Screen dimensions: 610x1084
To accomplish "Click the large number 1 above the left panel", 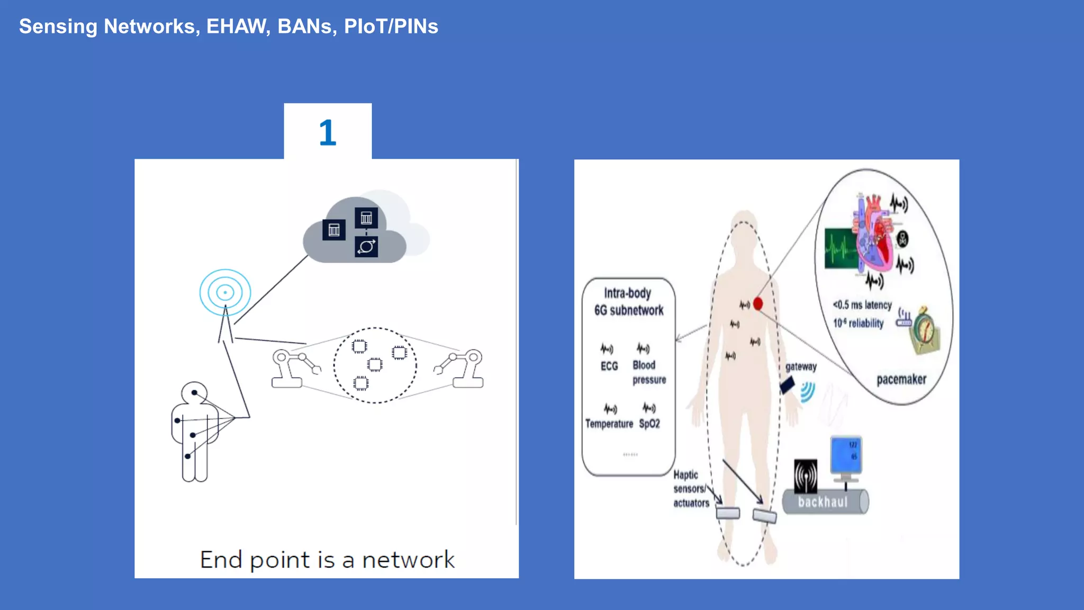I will [328, 132].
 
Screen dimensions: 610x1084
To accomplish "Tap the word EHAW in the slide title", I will [237, 26].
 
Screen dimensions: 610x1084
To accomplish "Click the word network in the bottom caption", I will [408, 560].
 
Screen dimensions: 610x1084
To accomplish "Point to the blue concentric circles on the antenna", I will [225, 292].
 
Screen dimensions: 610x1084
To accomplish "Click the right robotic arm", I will [460, 368].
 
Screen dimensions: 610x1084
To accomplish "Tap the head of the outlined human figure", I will [194, 393].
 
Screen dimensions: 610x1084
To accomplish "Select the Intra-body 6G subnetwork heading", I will [628, 302].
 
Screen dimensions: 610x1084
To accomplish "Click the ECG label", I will [609, 366].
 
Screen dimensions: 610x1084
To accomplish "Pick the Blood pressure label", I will [649, 372].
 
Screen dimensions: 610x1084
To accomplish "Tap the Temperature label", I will [609, 424].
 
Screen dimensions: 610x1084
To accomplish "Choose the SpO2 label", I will [649, 424].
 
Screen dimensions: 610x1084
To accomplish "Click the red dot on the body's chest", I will [757, 304].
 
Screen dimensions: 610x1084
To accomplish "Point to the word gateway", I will [800, 366].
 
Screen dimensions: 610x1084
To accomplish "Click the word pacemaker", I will [901, 379].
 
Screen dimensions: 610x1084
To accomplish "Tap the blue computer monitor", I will [846, 455].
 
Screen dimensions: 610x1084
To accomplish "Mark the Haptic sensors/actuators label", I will [690, 489].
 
